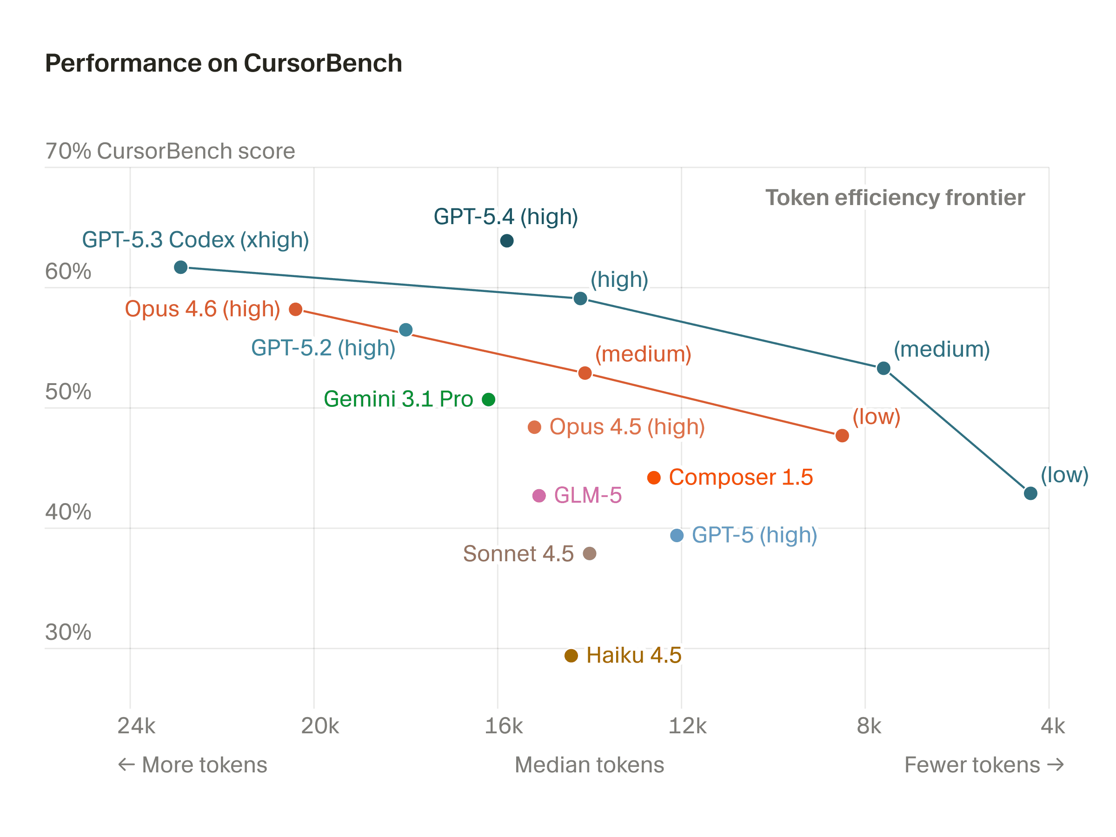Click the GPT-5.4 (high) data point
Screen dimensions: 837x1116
point(506,241)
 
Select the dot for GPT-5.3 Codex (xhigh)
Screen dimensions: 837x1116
point(180,267)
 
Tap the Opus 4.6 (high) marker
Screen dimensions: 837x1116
point(296,309)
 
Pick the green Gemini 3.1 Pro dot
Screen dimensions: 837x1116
point(488,399)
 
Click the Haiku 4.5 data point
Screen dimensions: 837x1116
point(571,656)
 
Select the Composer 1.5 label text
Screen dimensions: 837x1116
point(741,477)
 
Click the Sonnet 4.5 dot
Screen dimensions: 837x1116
point(589,554)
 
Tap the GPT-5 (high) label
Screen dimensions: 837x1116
point(754,535)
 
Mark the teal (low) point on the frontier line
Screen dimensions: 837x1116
point(1031,493)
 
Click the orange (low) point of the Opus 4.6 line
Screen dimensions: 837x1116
point(842,435)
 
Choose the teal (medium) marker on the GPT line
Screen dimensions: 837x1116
point(883,368)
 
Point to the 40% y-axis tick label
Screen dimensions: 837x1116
point(68,512)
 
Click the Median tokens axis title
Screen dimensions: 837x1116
point(589,765)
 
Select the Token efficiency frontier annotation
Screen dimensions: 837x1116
point(895,198)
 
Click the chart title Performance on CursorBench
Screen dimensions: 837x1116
point(224,64)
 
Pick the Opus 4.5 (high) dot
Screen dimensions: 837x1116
point(534,427)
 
